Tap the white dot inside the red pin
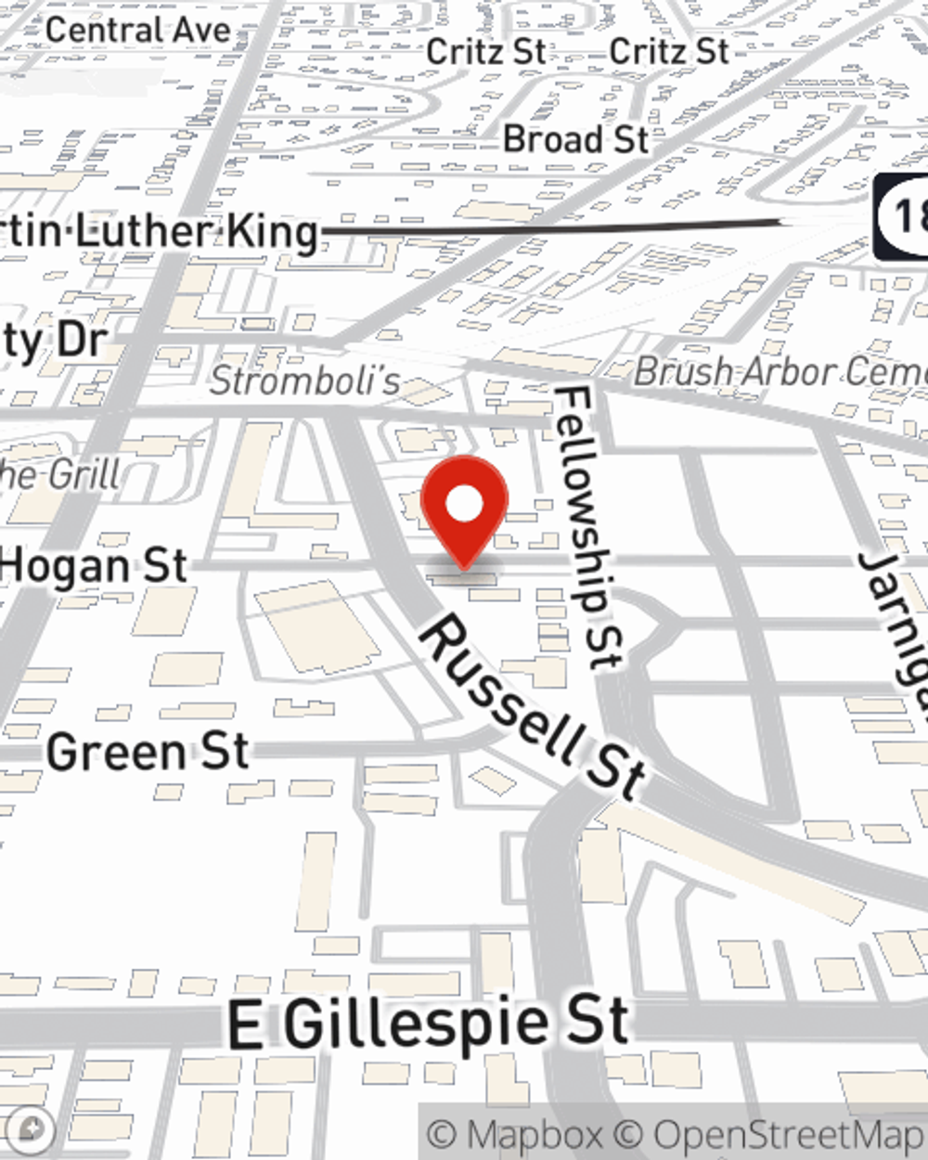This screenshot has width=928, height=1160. coord(464,505)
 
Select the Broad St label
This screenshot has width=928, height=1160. coord(575,140)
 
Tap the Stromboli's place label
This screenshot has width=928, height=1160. coord(305,380)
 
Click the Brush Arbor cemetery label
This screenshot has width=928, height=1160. coord(780,372)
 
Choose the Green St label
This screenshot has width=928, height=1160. coord(148,752)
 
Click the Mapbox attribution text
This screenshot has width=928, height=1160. coord(515,1135)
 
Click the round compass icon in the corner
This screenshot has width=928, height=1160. coord(30,1129)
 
